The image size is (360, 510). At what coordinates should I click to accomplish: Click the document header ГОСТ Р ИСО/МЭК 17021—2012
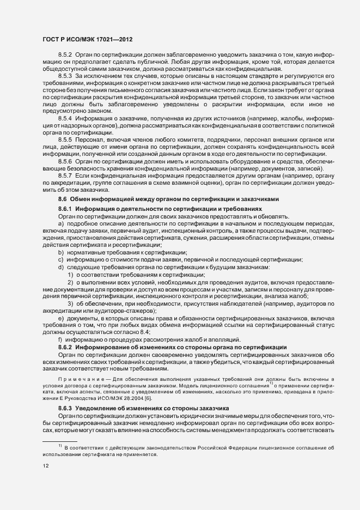pyautogui.click(x=87, y=40)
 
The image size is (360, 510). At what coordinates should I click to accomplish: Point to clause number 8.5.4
pyautogui.click(x=65, y=118)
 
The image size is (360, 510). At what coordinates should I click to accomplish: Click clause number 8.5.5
pyautogui.click(x=65, y=140)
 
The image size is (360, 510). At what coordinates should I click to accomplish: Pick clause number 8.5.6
pyautogui.click(x=65, y=162)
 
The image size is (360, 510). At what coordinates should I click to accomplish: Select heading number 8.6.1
pyautogui.click(x=65, y=209)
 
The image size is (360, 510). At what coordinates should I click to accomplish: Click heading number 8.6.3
pyautogui.click(x=65, y=393)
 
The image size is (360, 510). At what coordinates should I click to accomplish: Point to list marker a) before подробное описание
pyautogui.click(x=60, y=224)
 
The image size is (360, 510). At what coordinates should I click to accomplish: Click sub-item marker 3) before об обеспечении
pyautogui.click(x=70, y=303)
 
